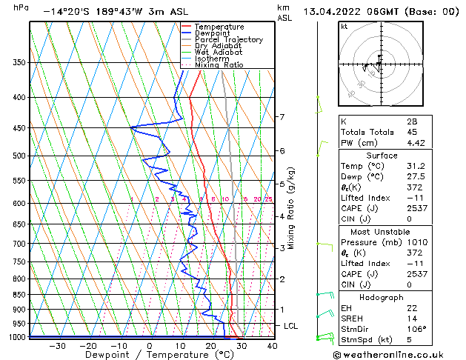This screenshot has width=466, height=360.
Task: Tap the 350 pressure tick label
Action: pos(20,63)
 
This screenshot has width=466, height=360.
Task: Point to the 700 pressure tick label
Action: pos(20,244)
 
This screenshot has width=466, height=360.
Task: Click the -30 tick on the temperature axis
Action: pos(57,345)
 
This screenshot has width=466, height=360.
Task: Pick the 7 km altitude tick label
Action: pos(282,117)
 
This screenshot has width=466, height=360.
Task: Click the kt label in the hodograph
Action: pos(344,26)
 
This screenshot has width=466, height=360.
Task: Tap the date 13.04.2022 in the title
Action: pos(331,11)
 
